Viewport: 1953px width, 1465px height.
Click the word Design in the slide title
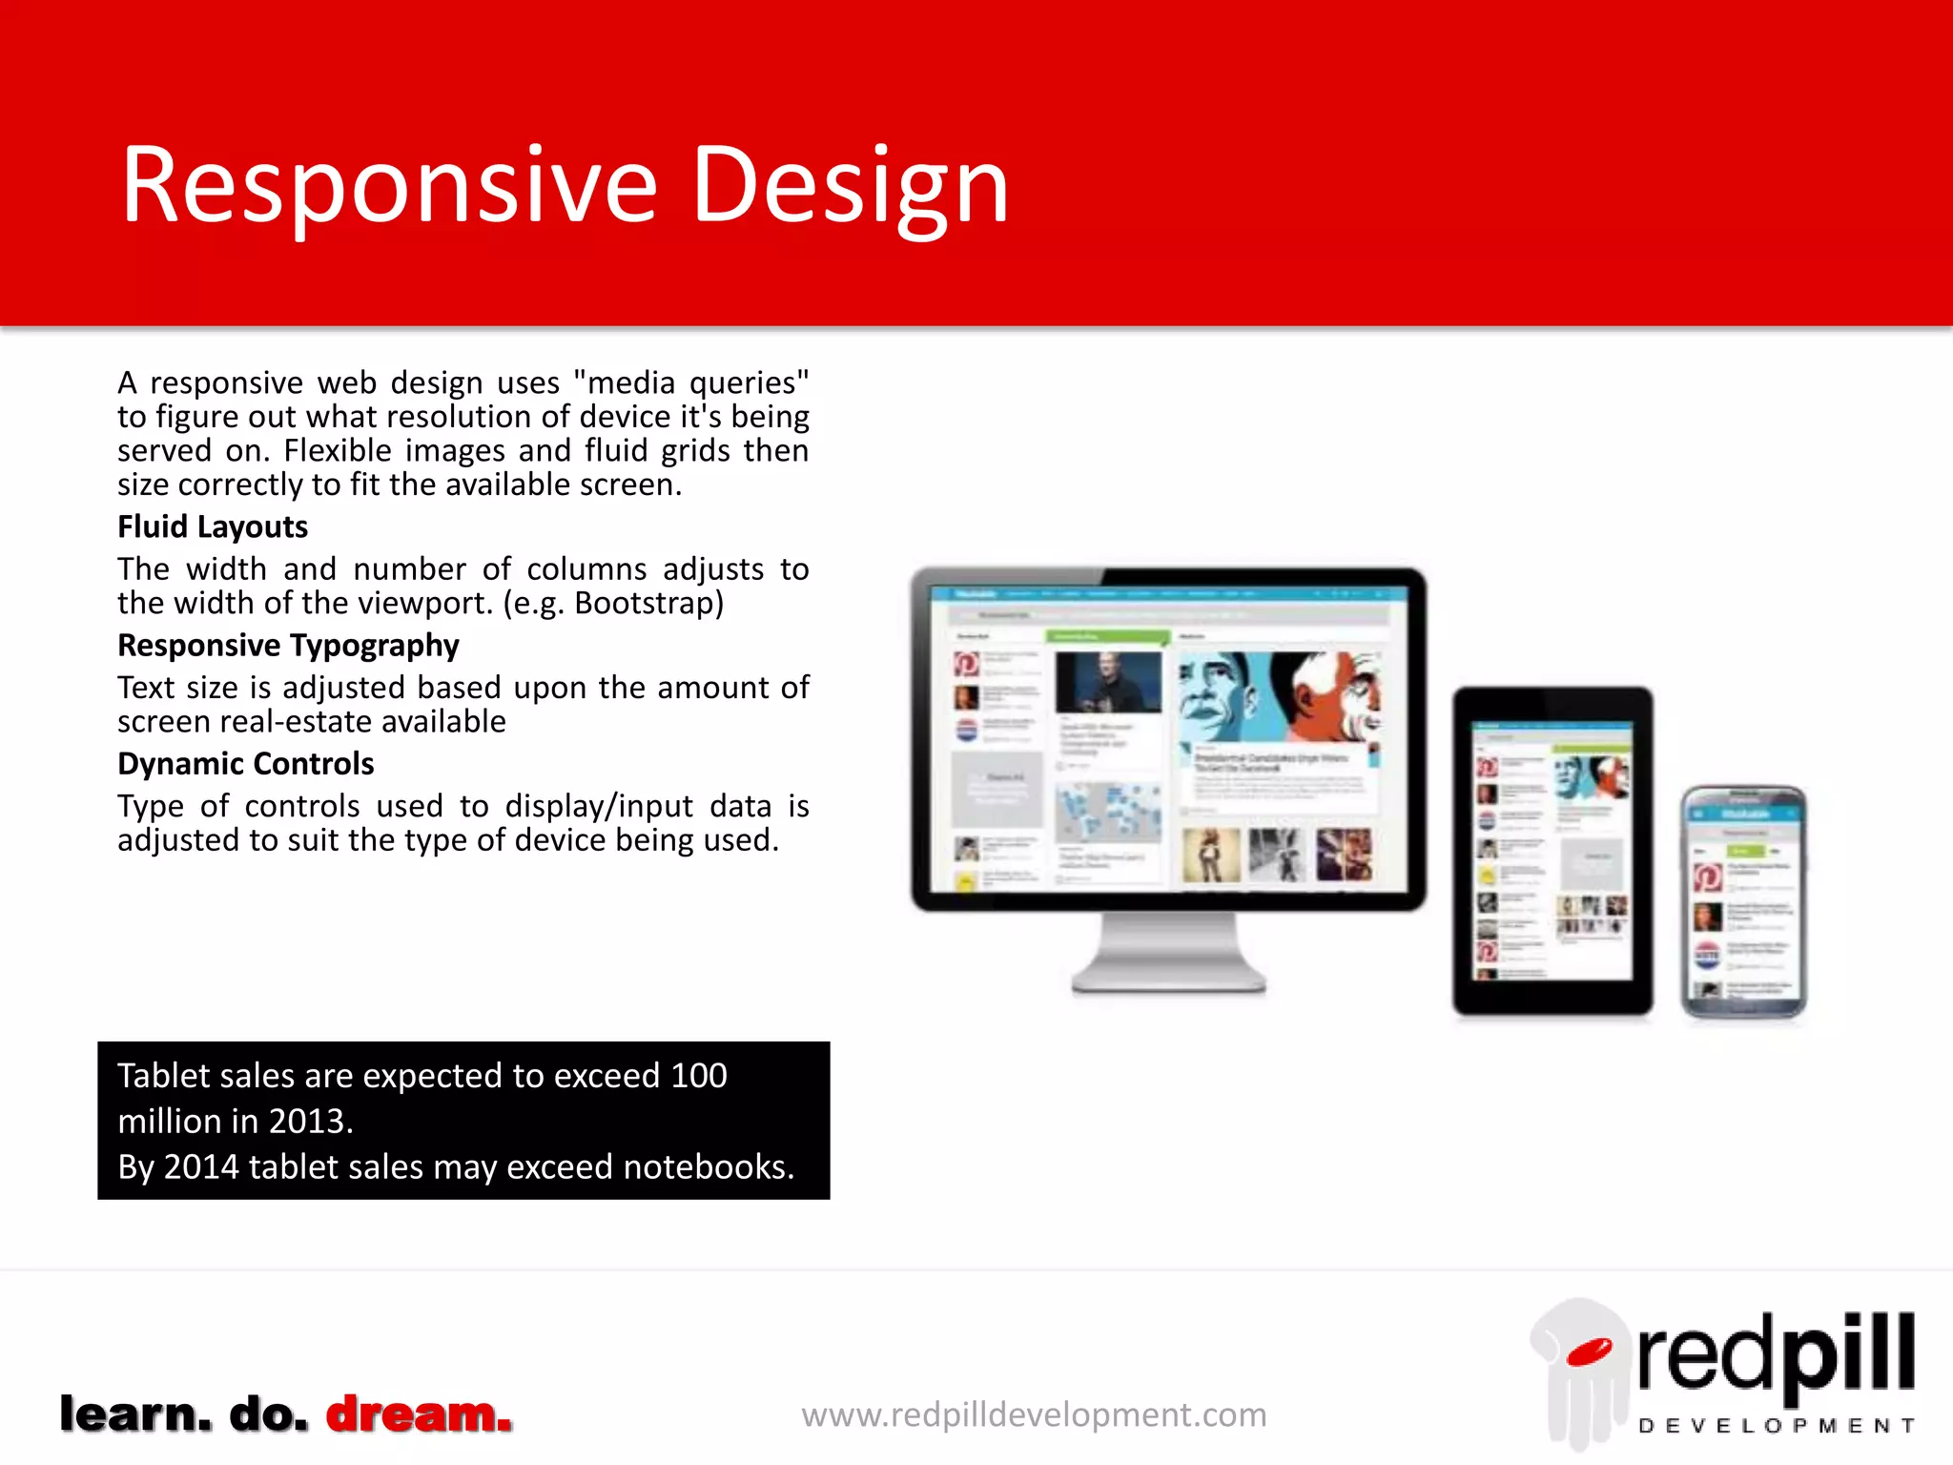tap(849, 186)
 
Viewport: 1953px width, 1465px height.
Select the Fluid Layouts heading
tap(213, 526)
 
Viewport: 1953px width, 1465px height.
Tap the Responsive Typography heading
tap(288, 646)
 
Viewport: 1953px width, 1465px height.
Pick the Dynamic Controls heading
tap(245, 764)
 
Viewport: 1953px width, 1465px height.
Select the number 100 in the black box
tap(698, 1076)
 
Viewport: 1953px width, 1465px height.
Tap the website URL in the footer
tap(1034, 1414)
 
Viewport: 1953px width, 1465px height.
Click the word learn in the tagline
tap(134, 1414)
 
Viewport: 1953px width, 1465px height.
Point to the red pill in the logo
tap(1589, 1352)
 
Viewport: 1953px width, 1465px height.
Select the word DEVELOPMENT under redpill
tap(1776, 1426)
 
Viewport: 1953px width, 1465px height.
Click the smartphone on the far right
tap(1743, 901)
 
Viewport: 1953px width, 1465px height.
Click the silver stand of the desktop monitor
tap(1168, 954)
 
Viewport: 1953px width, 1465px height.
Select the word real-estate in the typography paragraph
tap(295, 722)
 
